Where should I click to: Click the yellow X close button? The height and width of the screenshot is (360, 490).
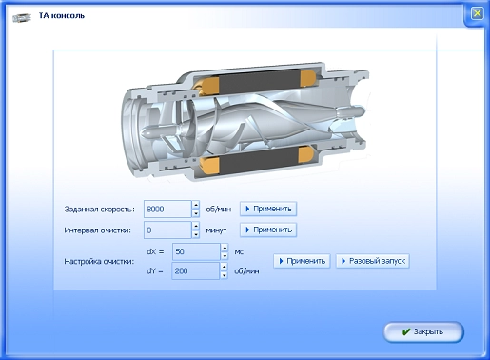(477, 13)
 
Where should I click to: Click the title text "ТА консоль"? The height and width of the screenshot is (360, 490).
(62, 15)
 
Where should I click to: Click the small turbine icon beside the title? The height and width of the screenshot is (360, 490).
(22, 17)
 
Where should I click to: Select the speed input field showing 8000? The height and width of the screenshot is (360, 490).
(167, 209)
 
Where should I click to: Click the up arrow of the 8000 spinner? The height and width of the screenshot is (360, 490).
(196, 205)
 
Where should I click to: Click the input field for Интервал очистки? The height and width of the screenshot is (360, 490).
(167, 230)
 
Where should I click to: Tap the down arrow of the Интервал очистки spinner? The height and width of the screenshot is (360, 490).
(196, 234)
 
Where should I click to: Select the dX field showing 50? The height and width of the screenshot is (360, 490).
(196, 251)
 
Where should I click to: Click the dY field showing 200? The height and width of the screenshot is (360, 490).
(195, 270)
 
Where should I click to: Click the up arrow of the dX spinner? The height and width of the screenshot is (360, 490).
(225, 248)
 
